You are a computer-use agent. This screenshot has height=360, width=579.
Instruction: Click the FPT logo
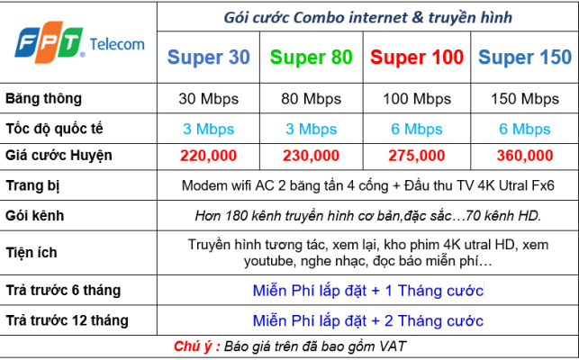coord(50,42)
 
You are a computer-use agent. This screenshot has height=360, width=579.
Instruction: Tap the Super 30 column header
coord(209,58)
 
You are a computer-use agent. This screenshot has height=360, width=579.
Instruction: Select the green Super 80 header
coord(312,58)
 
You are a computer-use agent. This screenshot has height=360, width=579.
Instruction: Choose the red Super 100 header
coord(417,58)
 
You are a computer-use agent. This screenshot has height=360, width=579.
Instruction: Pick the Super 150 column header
coord(525,58)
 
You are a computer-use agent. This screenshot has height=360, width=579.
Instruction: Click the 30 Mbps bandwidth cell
coord(209,99)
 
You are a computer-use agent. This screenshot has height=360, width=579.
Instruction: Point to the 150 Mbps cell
coord(525,99)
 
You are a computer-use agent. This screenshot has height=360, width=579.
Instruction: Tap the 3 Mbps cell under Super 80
coord(312,130)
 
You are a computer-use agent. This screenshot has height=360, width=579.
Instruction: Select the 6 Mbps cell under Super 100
coord(417,130)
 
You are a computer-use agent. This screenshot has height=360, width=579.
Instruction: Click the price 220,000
coord(209,156)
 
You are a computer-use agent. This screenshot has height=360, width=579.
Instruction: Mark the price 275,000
coord(417,156)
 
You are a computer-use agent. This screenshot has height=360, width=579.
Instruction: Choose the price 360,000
coord(525,156)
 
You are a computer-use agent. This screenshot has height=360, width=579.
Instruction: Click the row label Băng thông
coord(43,99)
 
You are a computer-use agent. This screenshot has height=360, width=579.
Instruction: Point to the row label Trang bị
coord(32,185)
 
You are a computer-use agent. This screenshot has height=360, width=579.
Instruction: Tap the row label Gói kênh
coord(35,216)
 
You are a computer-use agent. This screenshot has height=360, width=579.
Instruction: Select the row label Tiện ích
coord(32,253)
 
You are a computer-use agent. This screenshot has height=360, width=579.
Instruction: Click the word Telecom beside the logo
coord(117,44)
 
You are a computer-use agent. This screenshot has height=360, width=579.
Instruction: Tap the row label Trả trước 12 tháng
coord(67,320)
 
